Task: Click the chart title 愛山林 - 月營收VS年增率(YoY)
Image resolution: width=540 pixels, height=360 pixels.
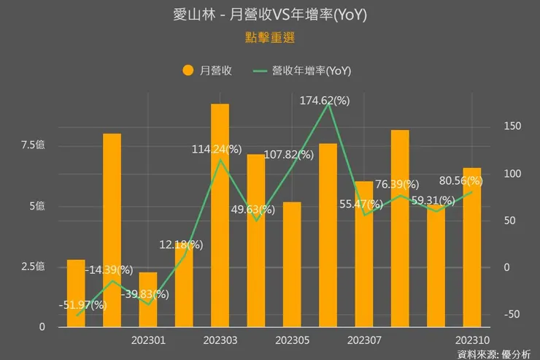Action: click(x=269, y=15)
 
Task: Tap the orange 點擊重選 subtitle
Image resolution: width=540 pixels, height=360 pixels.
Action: click(x=269, y=36)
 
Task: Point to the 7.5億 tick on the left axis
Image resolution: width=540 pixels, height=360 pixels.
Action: click(x=33, y=145)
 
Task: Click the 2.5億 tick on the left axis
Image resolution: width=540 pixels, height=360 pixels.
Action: click(x=33, y=266)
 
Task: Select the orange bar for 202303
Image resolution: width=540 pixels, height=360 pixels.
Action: click(x=220, y=215)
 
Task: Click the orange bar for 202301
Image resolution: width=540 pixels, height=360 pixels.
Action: click(x=148, y=299)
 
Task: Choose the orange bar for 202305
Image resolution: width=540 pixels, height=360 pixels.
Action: click(x=292, y=264)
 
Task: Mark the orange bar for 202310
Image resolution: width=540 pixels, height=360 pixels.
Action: click(x=472, y=248)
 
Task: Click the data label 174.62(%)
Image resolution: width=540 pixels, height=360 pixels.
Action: click(x=325, y=101)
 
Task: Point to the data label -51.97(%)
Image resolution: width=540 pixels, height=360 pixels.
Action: click(x=82, y=305)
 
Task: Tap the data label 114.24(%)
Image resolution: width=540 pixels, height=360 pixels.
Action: click(x=217, y=149)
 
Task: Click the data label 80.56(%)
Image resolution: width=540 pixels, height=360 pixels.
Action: click(x=458, y=180)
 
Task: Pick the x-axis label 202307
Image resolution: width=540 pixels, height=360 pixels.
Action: click(x=364, y=340)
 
